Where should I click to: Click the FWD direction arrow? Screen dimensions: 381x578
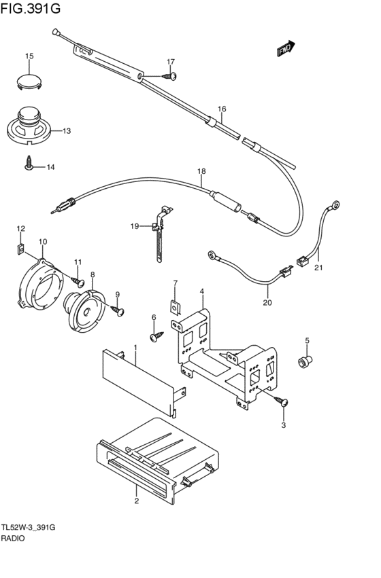tap(286, 48)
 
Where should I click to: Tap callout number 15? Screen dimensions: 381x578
tap(29, 56)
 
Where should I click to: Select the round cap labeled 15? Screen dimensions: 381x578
tap(29, 82)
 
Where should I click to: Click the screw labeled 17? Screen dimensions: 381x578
tap(169, 76)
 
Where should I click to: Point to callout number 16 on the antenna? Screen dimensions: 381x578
tap(222, 109)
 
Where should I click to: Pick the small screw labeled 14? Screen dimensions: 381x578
tap(29, 162)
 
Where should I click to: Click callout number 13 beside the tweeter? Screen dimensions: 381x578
tap(67, 131)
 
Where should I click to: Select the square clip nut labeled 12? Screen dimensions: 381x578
tap(20, 249)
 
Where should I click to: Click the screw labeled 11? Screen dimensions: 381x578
tap(78, 282)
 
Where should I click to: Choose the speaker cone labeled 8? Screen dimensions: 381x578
tap(84, 310)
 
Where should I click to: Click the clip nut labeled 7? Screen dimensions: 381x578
tap(176, 307)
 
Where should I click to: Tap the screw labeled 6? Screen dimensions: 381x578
tap(157, 336)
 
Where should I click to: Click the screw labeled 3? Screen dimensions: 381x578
tap(281, 401)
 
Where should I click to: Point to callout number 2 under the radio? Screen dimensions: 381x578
tap(137, 501)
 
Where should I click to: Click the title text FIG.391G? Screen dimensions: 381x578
tap(30, 8)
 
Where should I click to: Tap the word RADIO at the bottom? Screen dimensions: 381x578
tap(13, 538)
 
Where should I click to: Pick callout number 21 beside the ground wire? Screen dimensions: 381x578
tap(318, 268)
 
